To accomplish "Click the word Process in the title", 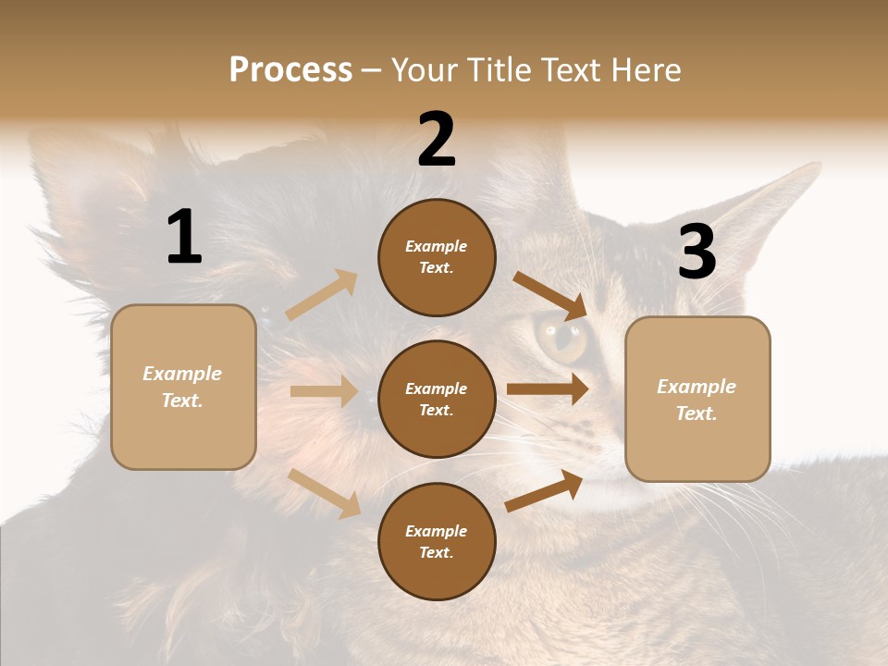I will tap(290, 70).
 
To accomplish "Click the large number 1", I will tap(184, 238).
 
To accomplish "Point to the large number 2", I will tap(437, 140).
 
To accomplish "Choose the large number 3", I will tap(697, 252).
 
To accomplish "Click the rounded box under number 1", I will tap(183, 387).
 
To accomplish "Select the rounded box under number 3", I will tap(697, 400).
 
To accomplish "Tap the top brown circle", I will tap(437, 257).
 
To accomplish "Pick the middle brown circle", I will tap(437, 400).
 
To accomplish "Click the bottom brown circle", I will tap(437, 542).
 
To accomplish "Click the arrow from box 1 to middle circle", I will tap(324, 391).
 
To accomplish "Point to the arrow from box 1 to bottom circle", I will tap(325, 493).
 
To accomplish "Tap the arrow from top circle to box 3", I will tap(550, 295).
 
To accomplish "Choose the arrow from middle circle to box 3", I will tap(548, 389).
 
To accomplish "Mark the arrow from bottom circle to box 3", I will tap(544, 490).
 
